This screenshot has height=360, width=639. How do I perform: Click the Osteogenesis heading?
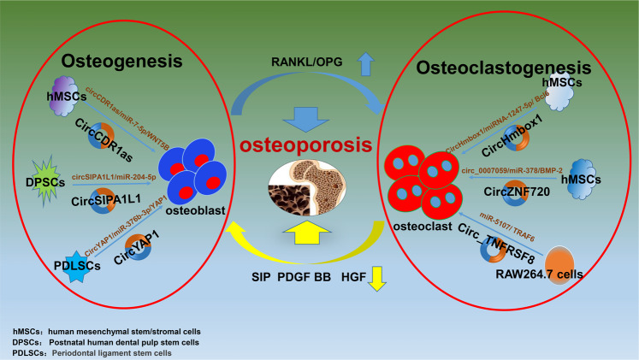click(x=122, y=62)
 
